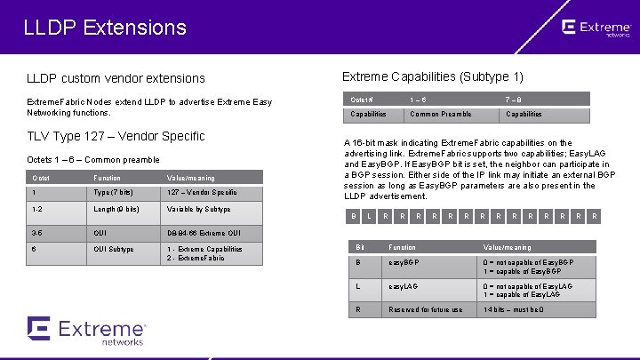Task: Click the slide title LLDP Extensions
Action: click(105, 28)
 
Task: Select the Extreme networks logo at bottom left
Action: click(84, 330)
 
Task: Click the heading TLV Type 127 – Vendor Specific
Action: click(116, 136)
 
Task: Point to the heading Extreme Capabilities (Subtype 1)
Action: click(433, 76)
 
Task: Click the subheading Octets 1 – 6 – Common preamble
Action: click(93, 160)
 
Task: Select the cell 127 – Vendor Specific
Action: click(201, 192)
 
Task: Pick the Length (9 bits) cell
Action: click(116, 209)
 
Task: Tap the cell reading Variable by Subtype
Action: click(198, 209)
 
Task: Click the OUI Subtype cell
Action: click(114, 249)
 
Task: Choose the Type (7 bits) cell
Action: click(115, 192)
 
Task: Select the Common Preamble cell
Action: click(441, 114)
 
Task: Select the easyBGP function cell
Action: click(405, 263)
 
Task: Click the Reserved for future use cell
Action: click(425, 310)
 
